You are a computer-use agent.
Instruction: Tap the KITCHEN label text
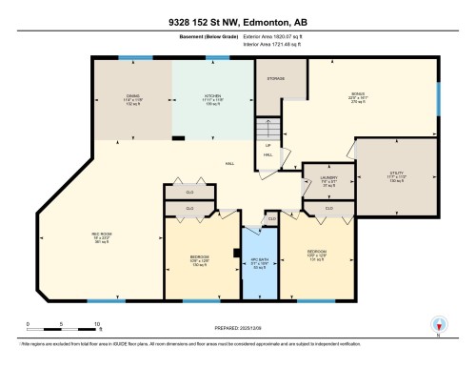[x=212, y=96]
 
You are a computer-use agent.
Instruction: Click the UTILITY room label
[x=396, y=176]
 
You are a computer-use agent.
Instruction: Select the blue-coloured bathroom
[x=256, y=272]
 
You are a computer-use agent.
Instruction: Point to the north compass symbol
[x=438, y=324]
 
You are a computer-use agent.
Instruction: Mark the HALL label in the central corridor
[x=229, y=163]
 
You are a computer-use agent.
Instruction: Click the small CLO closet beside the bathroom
[x=271, y=219]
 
